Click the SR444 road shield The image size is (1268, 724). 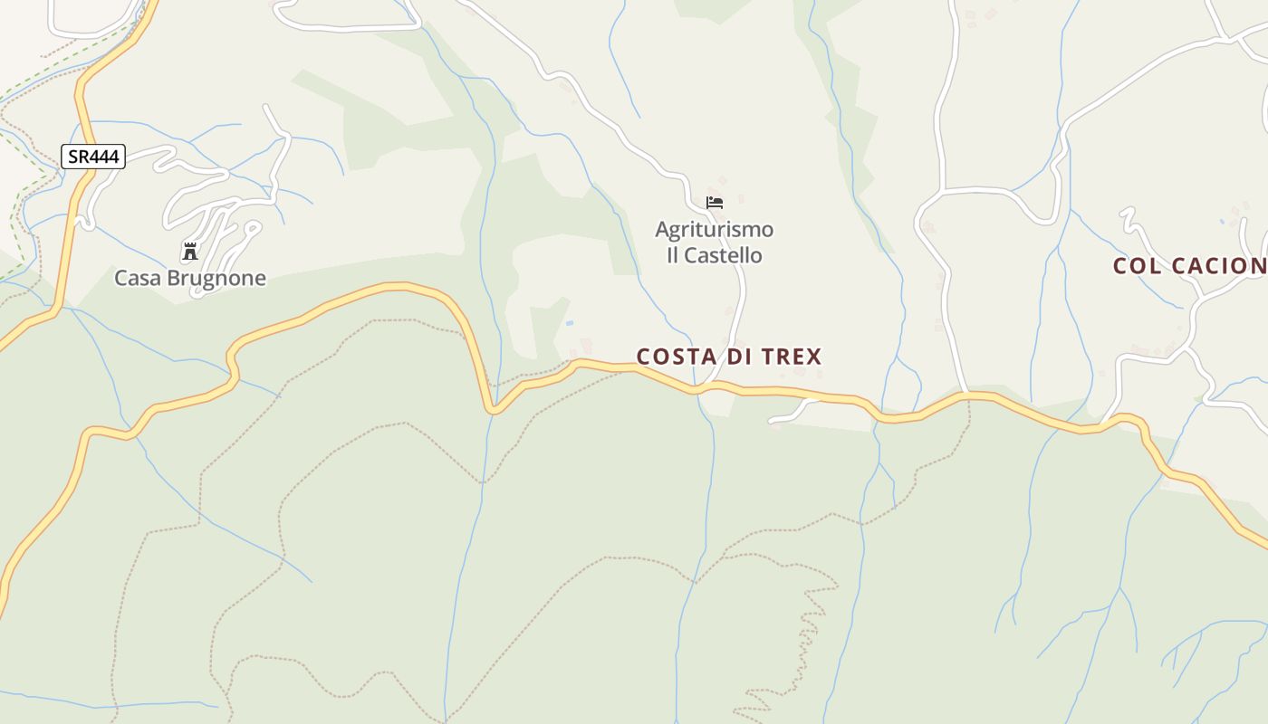click(x=93, y=157)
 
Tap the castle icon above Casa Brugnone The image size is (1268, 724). click(x=189, y=252)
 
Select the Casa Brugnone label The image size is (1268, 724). click(x=190, y=278)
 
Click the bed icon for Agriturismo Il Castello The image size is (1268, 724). click(x=715, y=203)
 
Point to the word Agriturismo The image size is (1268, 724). click(x=715, y=229)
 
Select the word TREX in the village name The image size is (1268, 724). click(x=792, y=357)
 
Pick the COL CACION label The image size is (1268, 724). click(x=1189, y=266)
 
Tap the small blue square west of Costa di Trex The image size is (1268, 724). click(x=569, y=323)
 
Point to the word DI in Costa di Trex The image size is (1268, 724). click(x=739, y=357)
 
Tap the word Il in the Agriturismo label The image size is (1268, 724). click(x=673, y=255)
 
